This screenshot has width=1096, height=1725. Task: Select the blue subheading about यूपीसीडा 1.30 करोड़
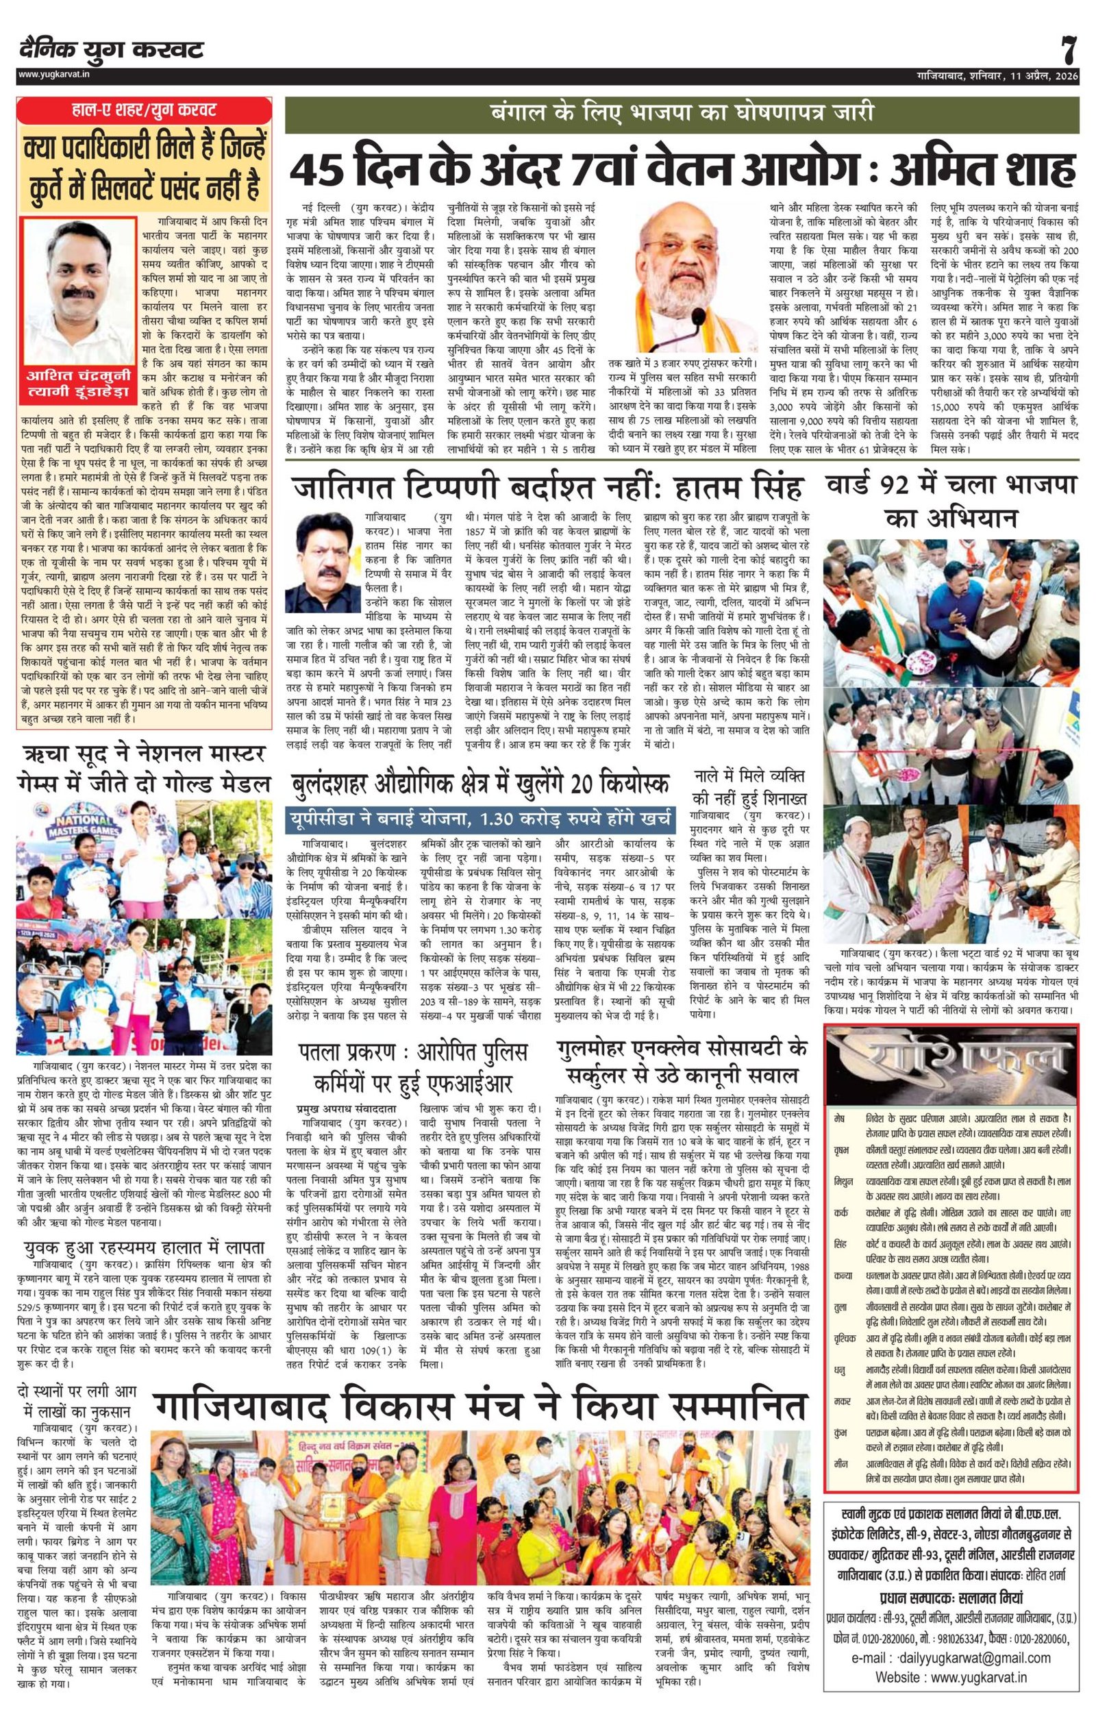pyautogui.click(x=481, y=819)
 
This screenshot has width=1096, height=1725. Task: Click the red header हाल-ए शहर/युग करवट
pyautogui.click(x=145, y=111)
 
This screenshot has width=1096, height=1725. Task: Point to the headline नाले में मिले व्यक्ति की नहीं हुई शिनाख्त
pyautogui.click(x=751, y=786)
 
